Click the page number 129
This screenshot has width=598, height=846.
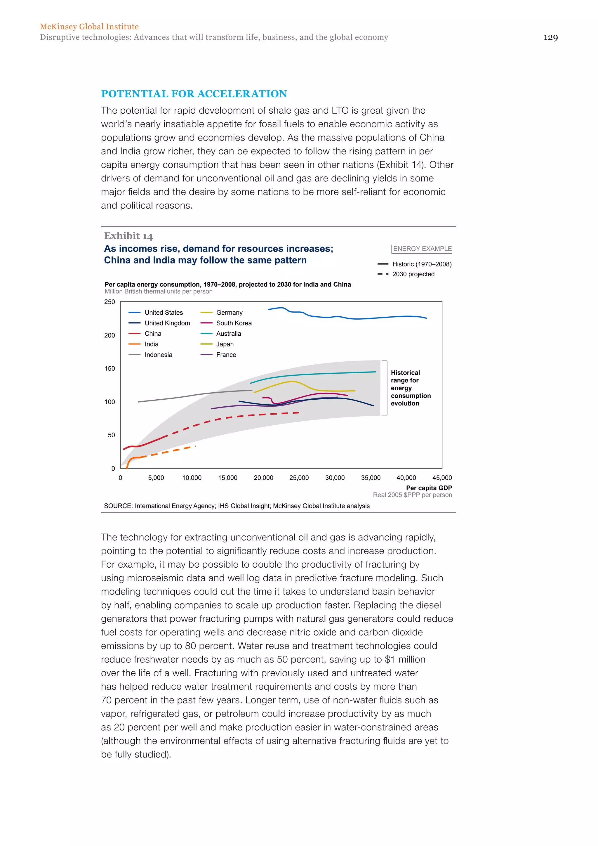pyautogui.click(x=550, y=37)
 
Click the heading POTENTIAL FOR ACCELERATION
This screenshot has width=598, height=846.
pyautogui.click(x=194, y=94)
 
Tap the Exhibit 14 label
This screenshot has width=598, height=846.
pyautogui.click(x=128, y=236)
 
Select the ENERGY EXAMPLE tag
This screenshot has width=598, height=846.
pyautogui.click(x=422, y=249)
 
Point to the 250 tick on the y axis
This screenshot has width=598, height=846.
pyautogui.click(x=109, y=302)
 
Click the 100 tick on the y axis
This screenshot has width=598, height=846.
pyautogui.click(x=109, y=402)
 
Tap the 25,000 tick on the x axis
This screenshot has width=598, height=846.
pyautogui.click(x=299, y=478)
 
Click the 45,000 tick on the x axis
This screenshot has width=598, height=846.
pyautogui.click(x=442, y=478)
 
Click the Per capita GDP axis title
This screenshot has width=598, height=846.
pyautogui.click(x=429, y=488)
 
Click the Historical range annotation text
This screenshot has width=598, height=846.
pyautogui.click(x=410, y=388)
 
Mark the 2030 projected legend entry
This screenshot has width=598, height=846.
pyautogui.click(x=413, y=274)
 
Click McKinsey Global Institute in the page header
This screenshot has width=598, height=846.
pyautogui.click(x=89, y=27)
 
